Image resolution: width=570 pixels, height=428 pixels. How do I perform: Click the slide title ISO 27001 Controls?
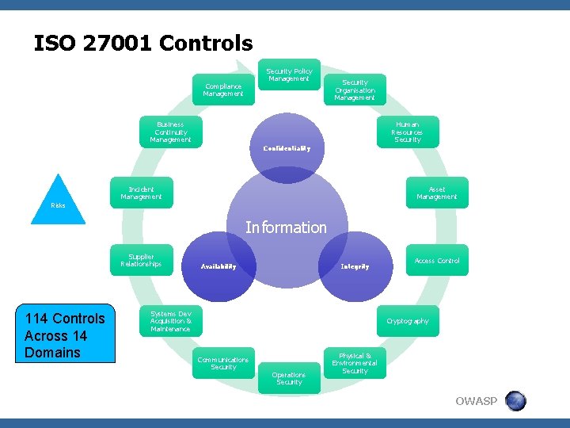point(143,43)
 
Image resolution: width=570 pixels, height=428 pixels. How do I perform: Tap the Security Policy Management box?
point(289,75)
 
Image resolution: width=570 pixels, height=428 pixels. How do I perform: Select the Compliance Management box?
point(222,90)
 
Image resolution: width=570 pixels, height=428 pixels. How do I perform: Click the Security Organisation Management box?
point(355,90)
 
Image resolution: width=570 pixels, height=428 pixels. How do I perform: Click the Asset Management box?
point(437,193)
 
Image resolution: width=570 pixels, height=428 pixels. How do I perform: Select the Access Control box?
point(437,261)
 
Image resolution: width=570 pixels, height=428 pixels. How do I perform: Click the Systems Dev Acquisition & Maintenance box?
point(171,321)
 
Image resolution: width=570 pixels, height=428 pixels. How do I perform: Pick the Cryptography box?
point(408,321)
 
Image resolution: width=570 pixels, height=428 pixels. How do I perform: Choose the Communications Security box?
point(223,363)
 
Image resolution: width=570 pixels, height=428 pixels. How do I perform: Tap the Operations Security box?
point(289,379)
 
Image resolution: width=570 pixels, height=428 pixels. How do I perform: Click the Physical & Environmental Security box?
point(355,363)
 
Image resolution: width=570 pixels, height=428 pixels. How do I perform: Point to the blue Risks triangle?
point(59,202)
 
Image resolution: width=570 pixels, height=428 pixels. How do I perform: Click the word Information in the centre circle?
point(286,227)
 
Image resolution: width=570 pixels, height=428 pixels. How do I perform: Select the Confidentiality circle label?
point(287,148)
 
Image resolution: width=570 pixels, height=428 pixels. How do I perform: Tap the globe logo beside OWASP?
point(515,400)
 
